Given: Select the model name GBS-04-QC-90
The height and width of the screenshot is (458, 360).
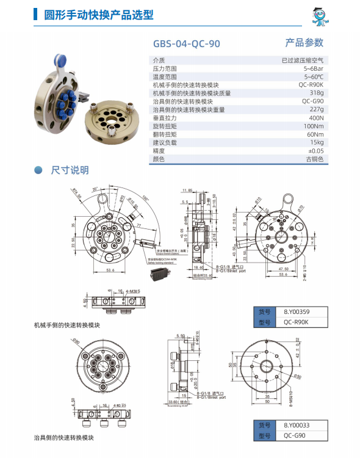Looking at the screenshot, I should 186,44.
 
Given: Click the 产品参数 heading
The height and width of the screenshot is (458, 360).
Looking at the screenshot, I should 304,43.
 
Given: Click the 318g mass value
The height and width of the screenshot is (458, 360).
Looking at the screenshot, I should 316,93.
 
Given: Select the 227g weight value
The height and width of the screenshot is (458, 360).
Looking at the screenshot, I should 316,109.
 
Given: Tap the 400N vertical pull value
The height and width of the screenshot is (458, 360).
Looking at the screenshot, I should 316,117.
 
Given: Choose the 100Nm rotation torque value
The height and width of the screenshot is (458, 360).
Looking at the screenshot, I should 314,126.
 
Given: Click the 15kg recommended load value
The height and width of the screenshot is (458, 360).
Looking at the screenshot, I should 316,142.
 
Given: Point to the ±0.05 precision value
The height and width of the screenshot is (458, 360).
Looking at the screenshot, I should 315,150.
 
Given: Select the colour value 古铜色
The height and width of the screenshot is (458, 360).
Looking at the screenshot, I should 314,158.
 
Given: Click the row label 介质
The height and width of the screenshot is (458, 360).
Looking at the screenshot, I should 159,60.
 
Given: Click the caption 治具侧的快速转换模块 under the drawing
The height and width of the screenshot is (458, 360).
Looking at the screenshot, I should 64,438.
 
